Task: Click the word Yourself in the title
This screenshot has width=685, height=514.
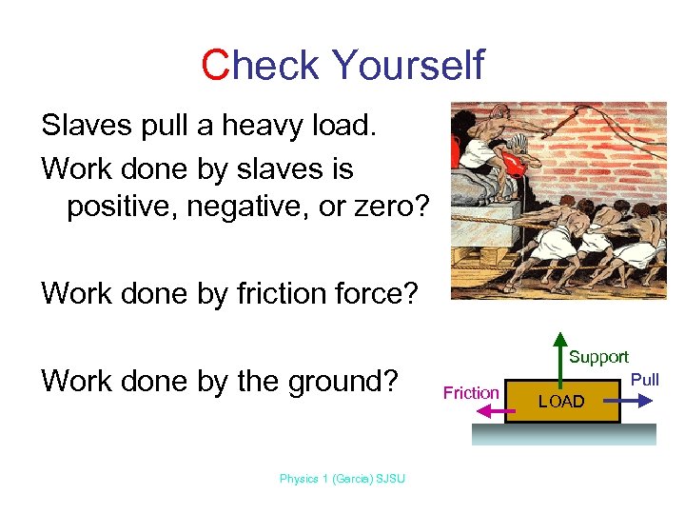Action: [408, 66]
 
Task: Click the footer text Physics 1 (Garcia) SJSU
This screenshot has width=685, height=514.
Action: [342, 479]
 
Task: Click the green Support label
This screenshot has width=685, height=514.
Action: [598, 357]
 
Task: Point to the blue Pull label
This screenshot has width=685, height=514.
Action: [645, 380]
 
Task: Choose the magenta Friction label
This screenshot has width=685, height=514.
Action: [471, 392]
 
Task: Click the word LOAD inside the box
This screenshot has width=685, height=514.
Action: [561, 402]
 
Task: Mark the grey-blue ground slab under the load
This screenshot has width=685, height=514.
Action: [564, 433]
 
